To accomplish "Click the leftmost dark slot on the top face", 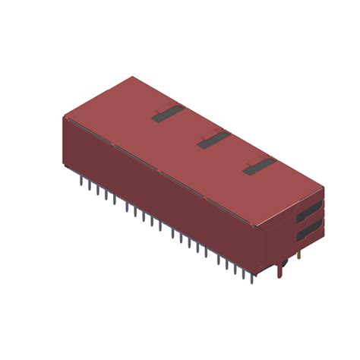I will point(168,114).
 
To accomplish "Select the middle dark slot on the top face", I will point(213,140).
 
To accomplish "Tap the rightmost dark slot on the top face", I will point(259,166).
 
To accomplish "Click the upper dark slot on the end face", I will point(308,209).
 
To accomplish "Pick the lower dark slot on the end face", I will point(308,229).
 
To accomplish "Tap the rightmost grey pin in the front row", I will point(253,272).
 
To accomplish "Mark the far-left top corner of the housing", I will point(63,118).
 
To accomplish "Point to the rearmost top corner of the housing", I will point(133,77).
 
